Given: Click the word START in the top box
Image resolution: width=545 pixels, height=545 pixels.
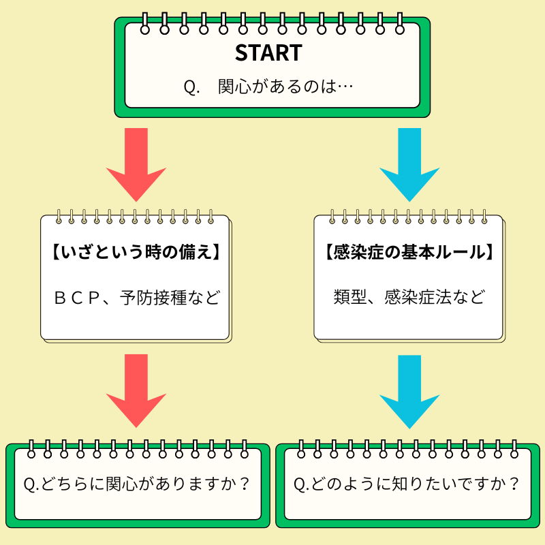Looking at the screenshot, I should point(268,54).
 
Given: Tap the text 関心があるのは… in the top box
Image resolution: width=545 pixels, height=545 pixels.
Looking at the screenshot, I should point(285,88).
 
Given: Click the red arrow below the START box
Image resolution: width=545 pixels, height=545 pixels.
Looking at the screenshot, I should point(136,163).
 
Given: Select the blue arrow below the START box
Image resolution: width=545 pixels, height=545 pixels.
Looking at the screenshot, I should point(409,163).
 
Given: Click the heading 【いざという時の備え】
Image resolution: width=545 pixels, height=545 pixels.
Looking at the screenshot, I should point(136,253).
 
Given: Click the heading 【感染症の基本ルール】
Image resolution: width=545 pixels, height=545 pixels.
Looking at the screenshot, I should point(409,253).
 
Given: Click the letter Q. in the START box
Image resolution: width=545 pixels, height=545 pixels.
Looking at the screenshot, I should point(191,88).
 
